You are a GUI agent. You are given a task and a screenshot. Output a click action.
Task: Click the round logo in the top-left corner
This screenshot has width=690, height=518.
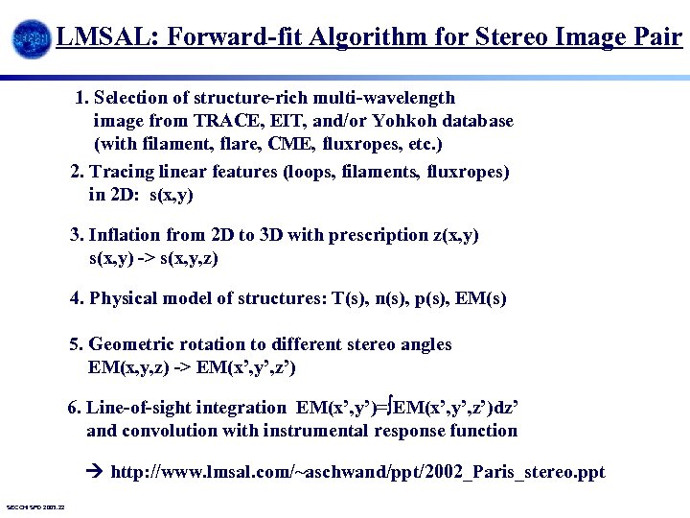coord(31,39)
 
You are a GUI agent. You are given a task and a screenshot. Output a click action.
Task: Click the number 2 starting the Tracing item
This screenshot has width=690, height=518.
coord(77,172)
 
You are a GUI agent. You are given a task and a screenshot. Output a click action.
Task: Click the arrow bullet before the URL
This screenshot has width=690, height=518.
coord(95,472)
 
